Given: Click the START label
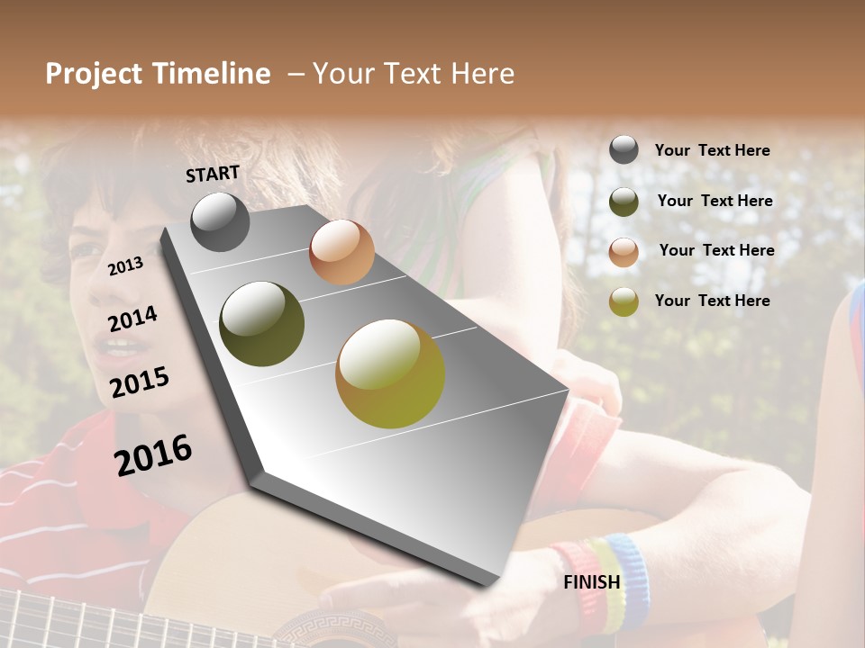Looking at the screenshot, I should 213,174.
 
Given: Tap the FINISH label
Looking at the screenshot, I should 592,582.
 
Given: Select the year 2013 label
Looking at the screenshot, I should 125,265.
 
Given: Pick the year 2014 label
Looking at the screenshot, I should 132,319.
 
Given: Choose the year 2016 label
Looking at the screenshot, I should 153,454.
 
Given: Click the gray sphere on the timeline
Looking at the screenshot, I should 220,222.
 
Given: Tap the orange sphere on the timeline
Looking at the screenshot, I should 341,252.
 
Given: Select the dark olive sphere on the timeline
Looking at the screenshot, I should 262,324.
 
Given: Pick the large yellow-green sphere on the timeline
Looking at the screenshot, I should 390,373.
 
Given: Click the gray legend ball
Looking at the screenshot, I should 624,150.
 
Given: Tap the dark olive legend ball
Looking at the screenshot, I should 624,202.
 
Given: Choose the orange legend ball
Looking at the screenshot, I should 624,252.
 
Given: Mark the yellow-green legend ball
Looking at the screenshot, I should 624,301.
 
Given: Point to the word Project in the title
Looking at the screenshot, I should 95,74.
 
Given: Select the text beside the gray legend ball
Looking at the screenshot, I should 712,150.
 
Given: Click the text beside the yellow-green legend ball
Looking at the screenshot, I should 712,301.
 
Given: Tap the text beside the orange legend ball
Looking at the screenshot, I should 716,250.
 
